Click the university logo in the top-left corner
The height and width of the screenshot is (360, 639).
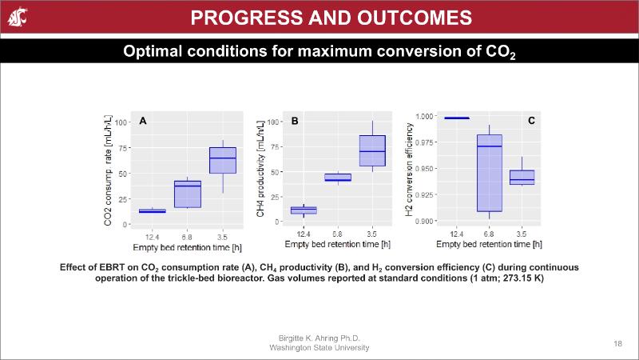coord(15,16)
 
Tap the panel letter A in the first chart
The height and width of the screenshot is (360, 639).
coord(143,121)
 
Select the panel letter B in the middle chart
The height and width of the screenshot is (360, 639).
coord(295,122)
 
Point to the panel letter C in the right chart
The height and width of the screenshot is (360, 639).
coord(531,121)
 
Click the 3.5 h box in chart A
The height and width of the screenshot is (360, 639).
coord(223,160)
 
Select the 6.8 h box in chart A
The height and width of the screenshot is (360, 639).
coord(187,194)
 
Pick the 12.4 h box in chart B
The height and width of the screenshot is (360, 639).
coord(304,210)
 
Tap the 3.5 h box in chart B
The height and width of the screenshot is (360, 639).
coord(372,150)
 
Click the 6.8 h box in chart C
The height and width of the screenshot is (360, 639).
coord(489,173)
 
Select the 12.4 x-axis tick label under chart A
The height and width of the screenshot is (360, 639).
coord(151,237)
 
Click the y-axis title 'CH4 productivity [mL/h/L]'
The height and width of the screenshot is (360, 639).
coord(261,170)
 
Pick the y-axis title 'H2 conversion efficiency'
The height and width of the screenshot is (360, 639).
coord(410,170)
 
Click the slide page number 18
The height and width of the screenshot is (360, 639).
coord(617,343)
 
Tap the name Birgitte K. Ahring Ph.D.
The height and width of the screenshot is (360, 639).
coord(319,339)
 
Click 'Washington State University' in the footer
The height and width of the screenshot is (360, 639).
coord(319,348)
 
